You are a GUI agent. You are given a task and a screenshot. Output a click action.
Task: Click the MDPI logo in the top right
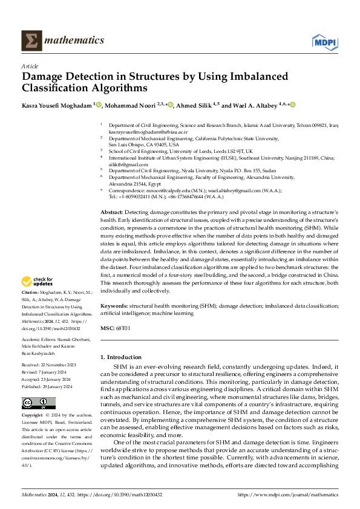tap(324, 41)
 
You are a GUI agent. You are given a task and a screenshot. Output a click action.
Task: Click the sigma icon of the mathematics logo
tap(30, 41)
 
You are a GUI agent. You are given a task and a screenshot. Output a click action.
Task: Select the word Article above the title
tap(30, 66)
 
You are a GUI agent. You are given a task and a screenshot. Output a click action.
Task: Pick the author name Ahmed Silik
tap(193, 105)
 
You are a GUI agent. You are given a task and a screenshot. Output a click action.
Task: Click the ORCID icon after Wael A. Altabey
tap(293, 105)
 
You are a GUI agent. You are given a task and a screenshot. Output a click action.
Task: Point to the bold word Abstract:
tap(112, 213)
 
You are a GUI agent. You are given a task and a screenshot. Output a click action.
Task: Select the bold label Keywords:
tap(114, 306)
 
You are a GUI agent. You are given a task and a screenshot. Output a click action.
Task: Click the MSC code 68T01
tap(123, 328)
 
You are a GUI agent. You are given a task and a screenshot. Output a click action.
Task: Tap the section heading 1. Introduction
tap(121, 357)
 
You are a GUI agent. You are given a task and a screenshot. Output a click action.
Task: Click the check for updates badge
tap(38, 281)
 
